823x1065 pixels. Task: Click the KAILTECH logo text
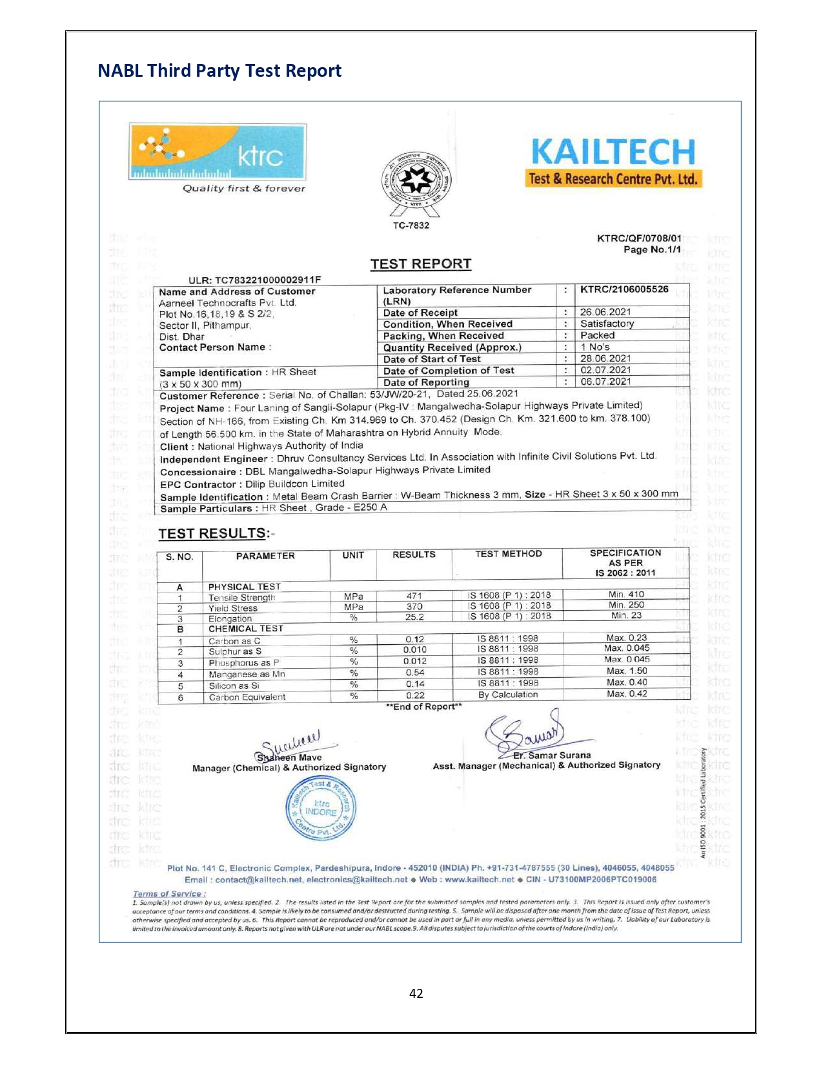[613, 152]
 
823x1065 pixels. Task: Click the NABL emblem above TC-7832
[416, 181]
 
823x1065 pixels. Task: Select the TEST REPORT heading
[420, 264]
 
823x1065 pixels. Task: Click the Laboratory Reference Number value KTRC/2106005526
[624, 289]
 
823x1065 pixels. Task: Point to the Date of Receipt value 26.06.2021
[605, 312]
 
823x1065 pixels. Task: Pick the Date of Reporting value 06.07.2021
[605, 381]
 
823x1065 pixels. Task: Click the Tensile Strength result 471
[414, 596]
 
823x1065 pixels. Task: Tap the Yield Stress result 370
[414, 607]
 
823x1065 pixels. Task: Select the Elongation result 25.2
[414, 617]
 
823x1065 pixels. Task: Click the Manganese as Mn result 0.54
[415, 673]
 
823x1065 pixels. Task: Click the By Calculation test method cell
[507, 695]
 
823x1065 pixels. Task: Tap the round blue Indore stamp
[321, 808]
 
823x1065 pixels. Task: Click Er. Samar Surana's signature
[526, 733]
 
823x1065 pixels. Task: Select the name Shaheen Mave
[289, 757]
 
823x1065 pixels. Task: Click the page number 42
[416, 993]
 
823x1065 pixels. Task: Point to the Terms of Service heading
[169, 894]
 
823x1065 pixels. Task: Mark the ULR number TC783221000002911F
[254, 279]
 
